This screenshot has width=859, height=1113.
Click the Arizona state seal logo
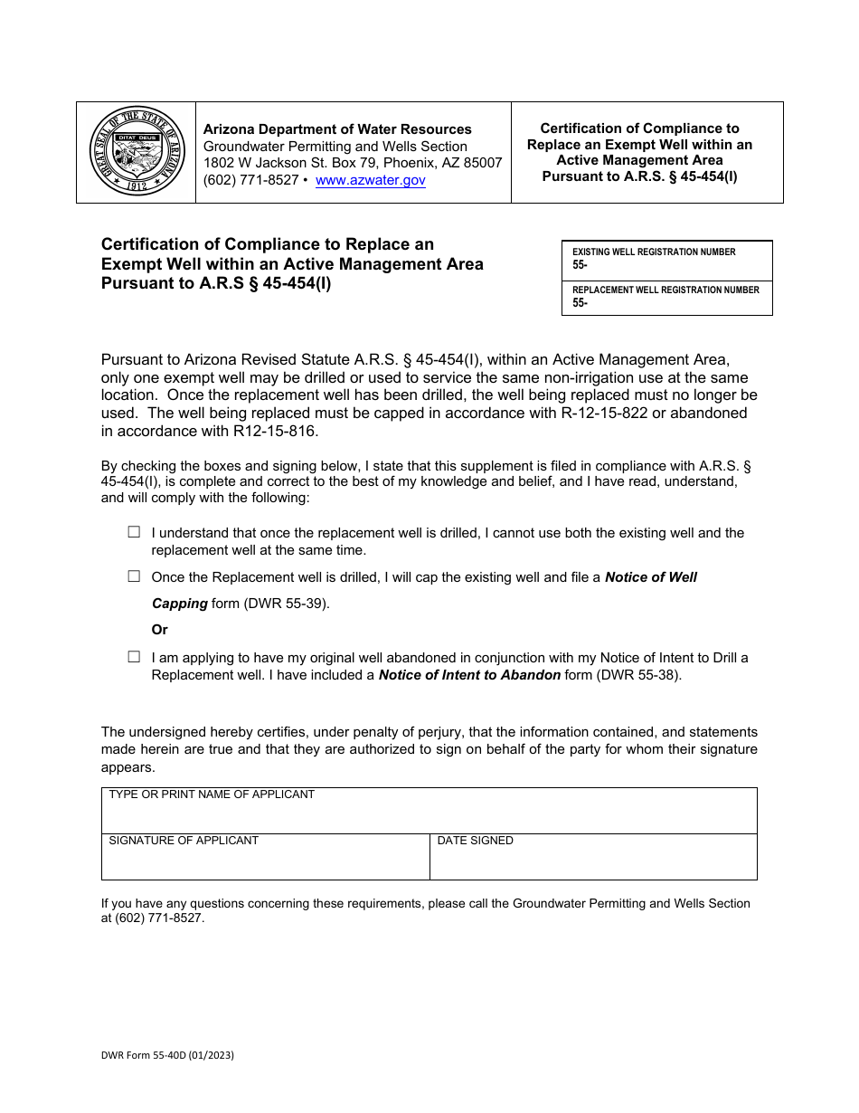(137, 151)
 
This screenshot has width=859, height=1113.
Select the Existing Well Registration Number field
(666, 265)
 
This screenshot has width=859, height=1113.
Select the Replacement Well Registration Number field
(666, 303)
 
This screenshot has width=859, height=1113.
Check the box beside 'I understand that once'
(134, 533)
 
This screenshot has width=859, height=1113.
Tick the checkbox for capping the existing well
(134, 576)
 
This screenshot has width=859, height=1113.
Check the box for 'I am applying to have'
(134, 658)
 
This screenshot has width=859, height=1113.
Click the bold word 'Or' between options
(160, 630)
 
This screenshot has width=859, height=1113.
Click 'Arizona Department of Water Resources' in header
(337, 129)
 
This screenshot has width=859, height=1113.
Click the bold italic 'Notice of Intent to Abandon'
(469, 675)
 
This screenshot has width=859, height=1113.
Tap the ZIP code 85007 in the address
(482, 163)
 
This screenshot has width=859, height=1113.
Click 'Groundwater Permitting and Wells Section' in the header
(335, 147)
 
